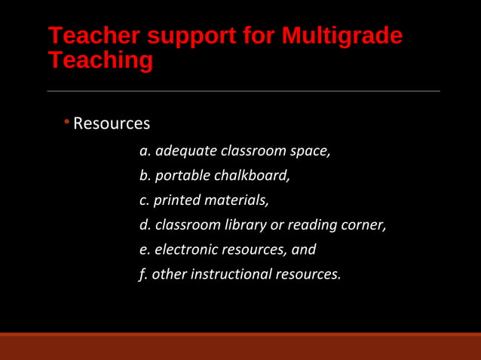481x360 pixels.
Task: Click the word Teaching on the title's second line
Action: (100, 59)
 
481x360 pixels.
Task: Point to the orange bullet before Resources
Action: (66, 121)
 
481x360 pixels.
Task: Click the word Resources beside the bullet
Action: (112, 123)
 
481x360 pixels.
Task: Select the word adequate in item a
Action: (185, 151)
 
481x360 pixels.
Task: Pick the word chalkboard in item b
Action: (253, 175)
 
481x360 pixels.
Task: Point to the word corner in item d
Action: (364, 224)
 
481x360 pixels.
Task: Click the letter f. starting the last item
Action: (143, 274)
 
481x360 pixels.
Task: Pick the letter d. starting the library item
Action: (146, 224)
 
